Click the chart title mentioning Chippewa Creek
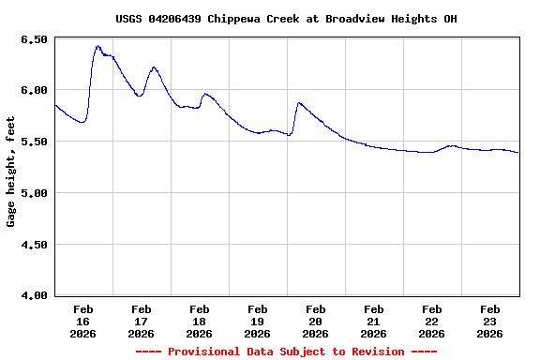pos(286,19)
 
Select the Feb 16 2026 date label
pos(82,321)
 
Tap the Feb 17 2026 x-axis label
pos(141,321)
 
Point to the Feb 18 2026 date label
pos(199,321)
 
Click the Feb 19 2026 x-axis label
pos(257,321)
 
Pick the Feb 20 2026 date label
pos(315,321)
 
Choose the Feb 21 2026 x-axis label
pos(373,321)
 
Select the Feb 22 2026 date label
pos(431,321)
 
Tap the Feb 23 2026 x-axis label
pos(489,321)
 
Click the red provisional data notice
pos(286,352)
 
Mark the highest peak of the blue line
pos(97,45)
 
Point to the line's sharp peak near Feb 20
pos(299,103)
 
